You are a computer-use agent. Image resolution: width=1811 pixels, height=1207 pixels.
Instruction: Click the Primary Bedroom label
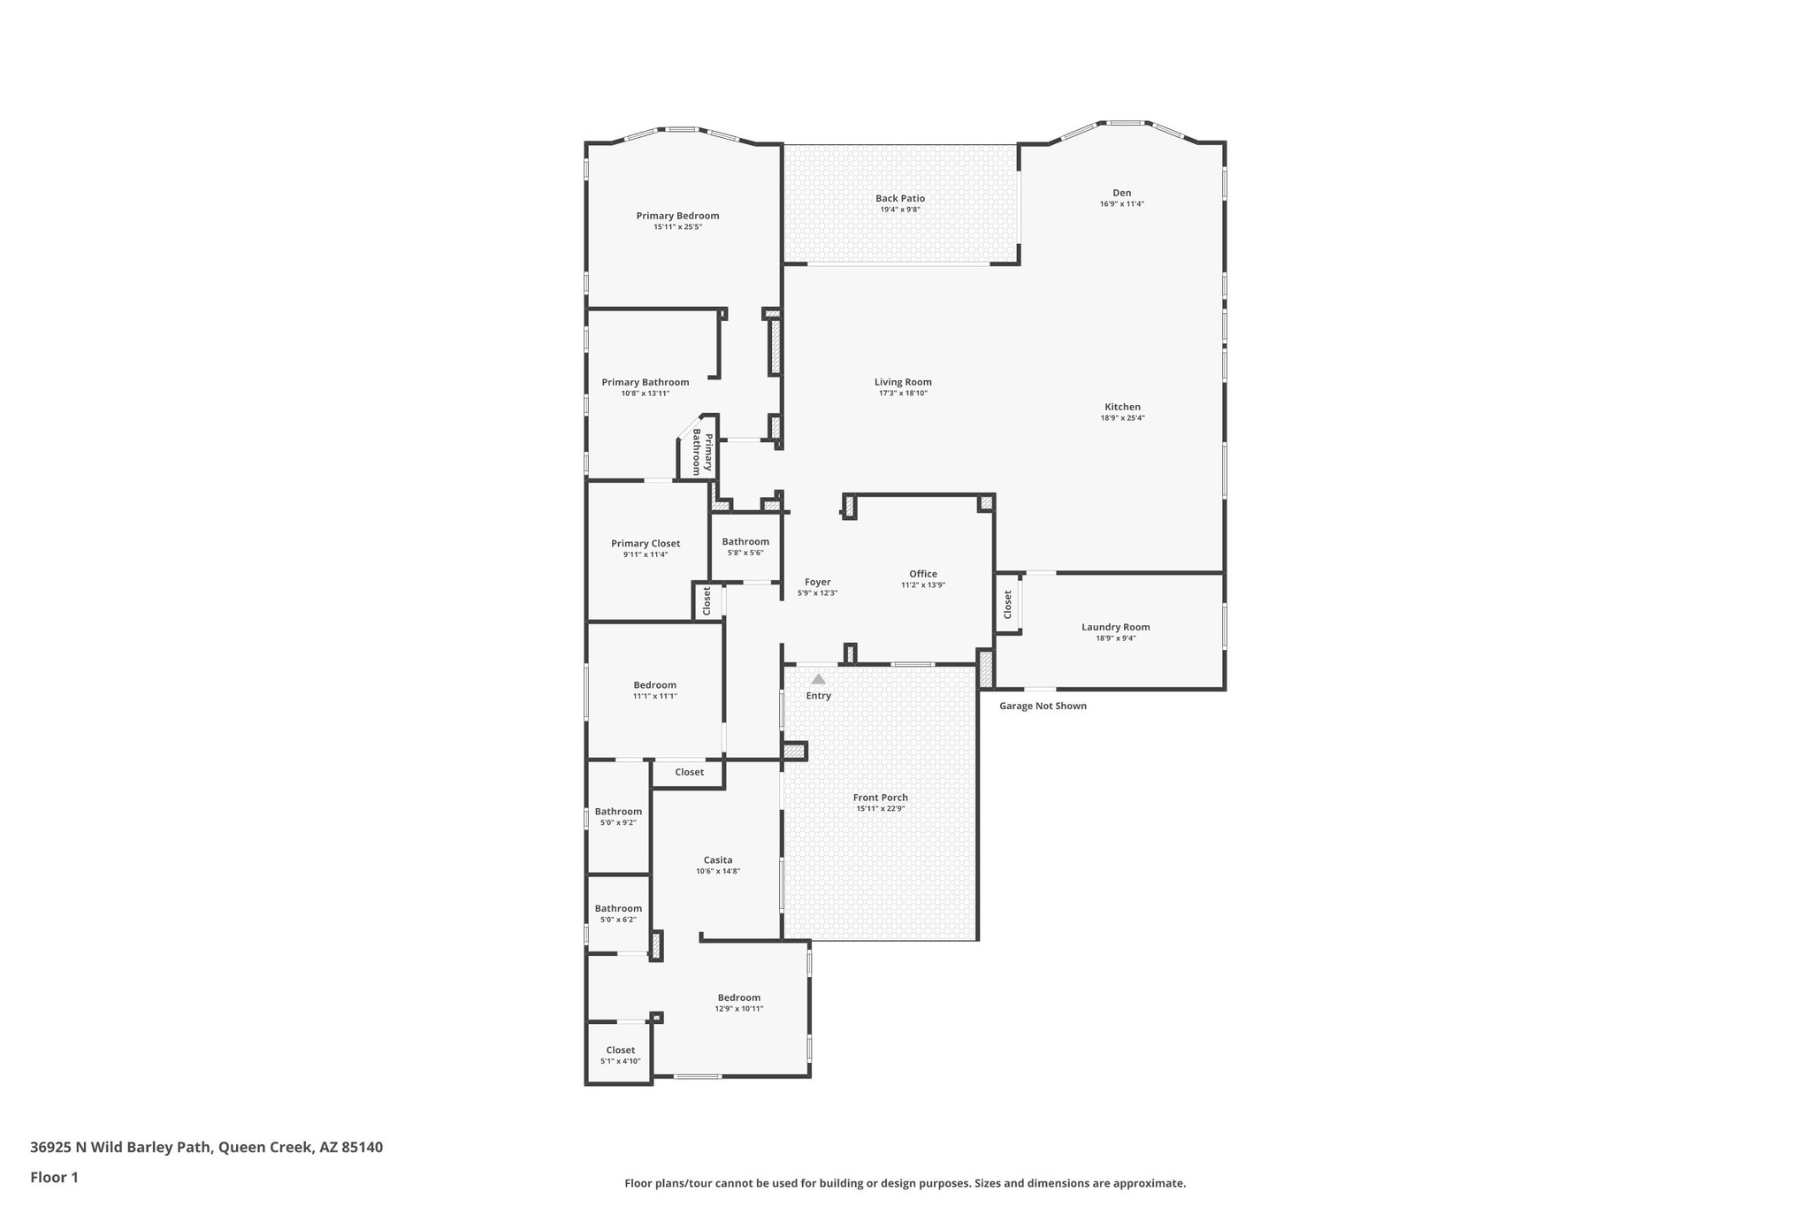pos(677,216)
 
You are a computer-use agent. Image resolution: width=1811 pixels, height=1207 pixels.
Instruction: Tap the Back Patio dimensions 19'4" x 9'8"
pos(900,210)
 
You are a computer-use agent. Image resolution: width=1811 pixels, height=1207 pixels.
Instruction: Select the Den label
pos(1121,193)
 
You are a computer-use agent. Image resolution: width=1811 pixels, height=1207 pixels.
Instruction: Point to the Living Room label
pos(903,382)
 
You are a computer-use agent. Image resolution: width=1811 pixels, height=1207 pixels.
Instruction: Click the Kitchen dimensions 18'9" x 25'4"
pos(1122,418)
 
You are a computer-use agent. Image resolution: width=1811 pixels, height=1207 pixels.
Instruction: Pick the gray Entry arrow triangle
pos(819,679)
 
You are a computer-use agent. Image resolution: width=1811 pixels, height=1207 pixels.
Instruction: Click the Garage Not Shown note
pos(1043,706)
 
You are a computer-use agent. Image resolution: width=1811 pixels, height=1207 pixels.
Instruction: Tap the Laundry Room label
pos(1115,627)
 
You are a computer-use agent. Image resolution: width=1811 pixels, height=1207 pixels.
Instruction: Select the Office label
pos(922,574)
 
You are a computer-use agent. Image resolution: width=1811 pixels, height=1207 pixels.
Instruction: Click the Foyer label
pos(817,582)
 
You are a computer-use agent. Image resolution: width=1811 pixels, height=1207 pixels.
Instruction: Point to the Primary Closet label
pos(646,544)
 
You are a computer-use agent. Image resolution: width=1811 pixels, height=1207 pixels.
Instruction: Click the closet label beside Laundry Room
pos(1007,604)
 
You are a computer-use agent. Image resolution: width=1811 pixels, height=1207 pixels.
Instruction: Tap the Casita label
pos(717,859)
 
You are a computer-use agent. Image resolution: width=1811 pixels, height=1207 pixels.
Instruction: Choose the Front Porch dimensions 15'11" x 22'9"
pos(880,809)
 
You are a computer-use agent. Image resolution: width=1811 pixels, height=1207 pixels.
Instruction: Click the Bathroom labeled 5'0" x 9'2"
pos(618,812)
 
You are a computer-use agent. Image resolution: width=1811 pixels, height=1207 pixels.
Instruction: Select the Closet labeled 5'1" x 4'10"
pos(620,1050)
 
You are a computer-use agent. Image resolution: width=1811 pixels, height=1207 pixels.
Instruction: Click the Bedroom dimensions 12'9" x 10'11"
pos(738,1009)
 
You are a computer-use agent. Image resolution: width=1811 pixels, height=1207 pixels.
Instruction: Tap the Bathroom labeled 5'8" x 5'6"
pos(745,541)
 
